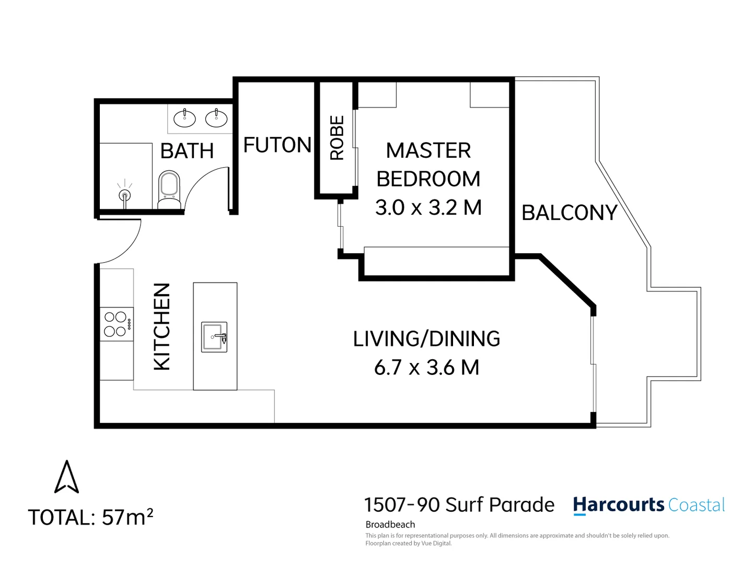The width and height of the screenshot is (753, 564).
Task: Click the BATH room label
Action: (187, 151)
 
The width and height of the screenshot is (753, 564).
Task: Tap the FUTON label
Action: (277, 145)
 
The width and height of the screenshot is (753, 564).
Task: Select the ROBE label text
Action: (337, 138)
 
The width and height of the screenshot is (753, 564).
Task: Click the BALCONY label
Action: (570, 213)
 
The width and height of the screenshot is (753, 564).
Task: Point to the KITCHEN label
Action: (163, 327)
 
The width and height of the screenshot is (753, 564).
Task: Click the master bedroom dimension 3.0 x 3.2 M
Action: (428, 207)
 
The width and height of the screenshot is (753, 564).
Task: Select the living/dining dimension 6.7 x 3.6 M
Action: (426, 367)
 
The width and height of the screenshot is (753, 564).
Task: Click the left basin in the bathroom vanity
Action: (184, 119)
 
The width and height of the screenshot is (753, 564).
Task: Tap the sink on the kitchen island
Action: (214, 337)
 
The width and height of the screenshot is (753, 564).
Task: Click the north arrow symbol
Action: (66, 477)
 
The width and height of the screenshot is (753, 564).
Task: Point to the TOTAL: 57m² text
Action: (90, 517)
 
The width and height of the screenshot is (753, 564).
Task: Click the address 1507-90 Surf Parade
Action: (459, 505)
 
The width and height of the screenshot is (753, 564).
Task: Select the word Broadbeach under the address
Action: (390, 524)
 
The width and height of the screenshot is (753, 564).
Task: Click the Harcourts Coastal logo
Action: (648, 505)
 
